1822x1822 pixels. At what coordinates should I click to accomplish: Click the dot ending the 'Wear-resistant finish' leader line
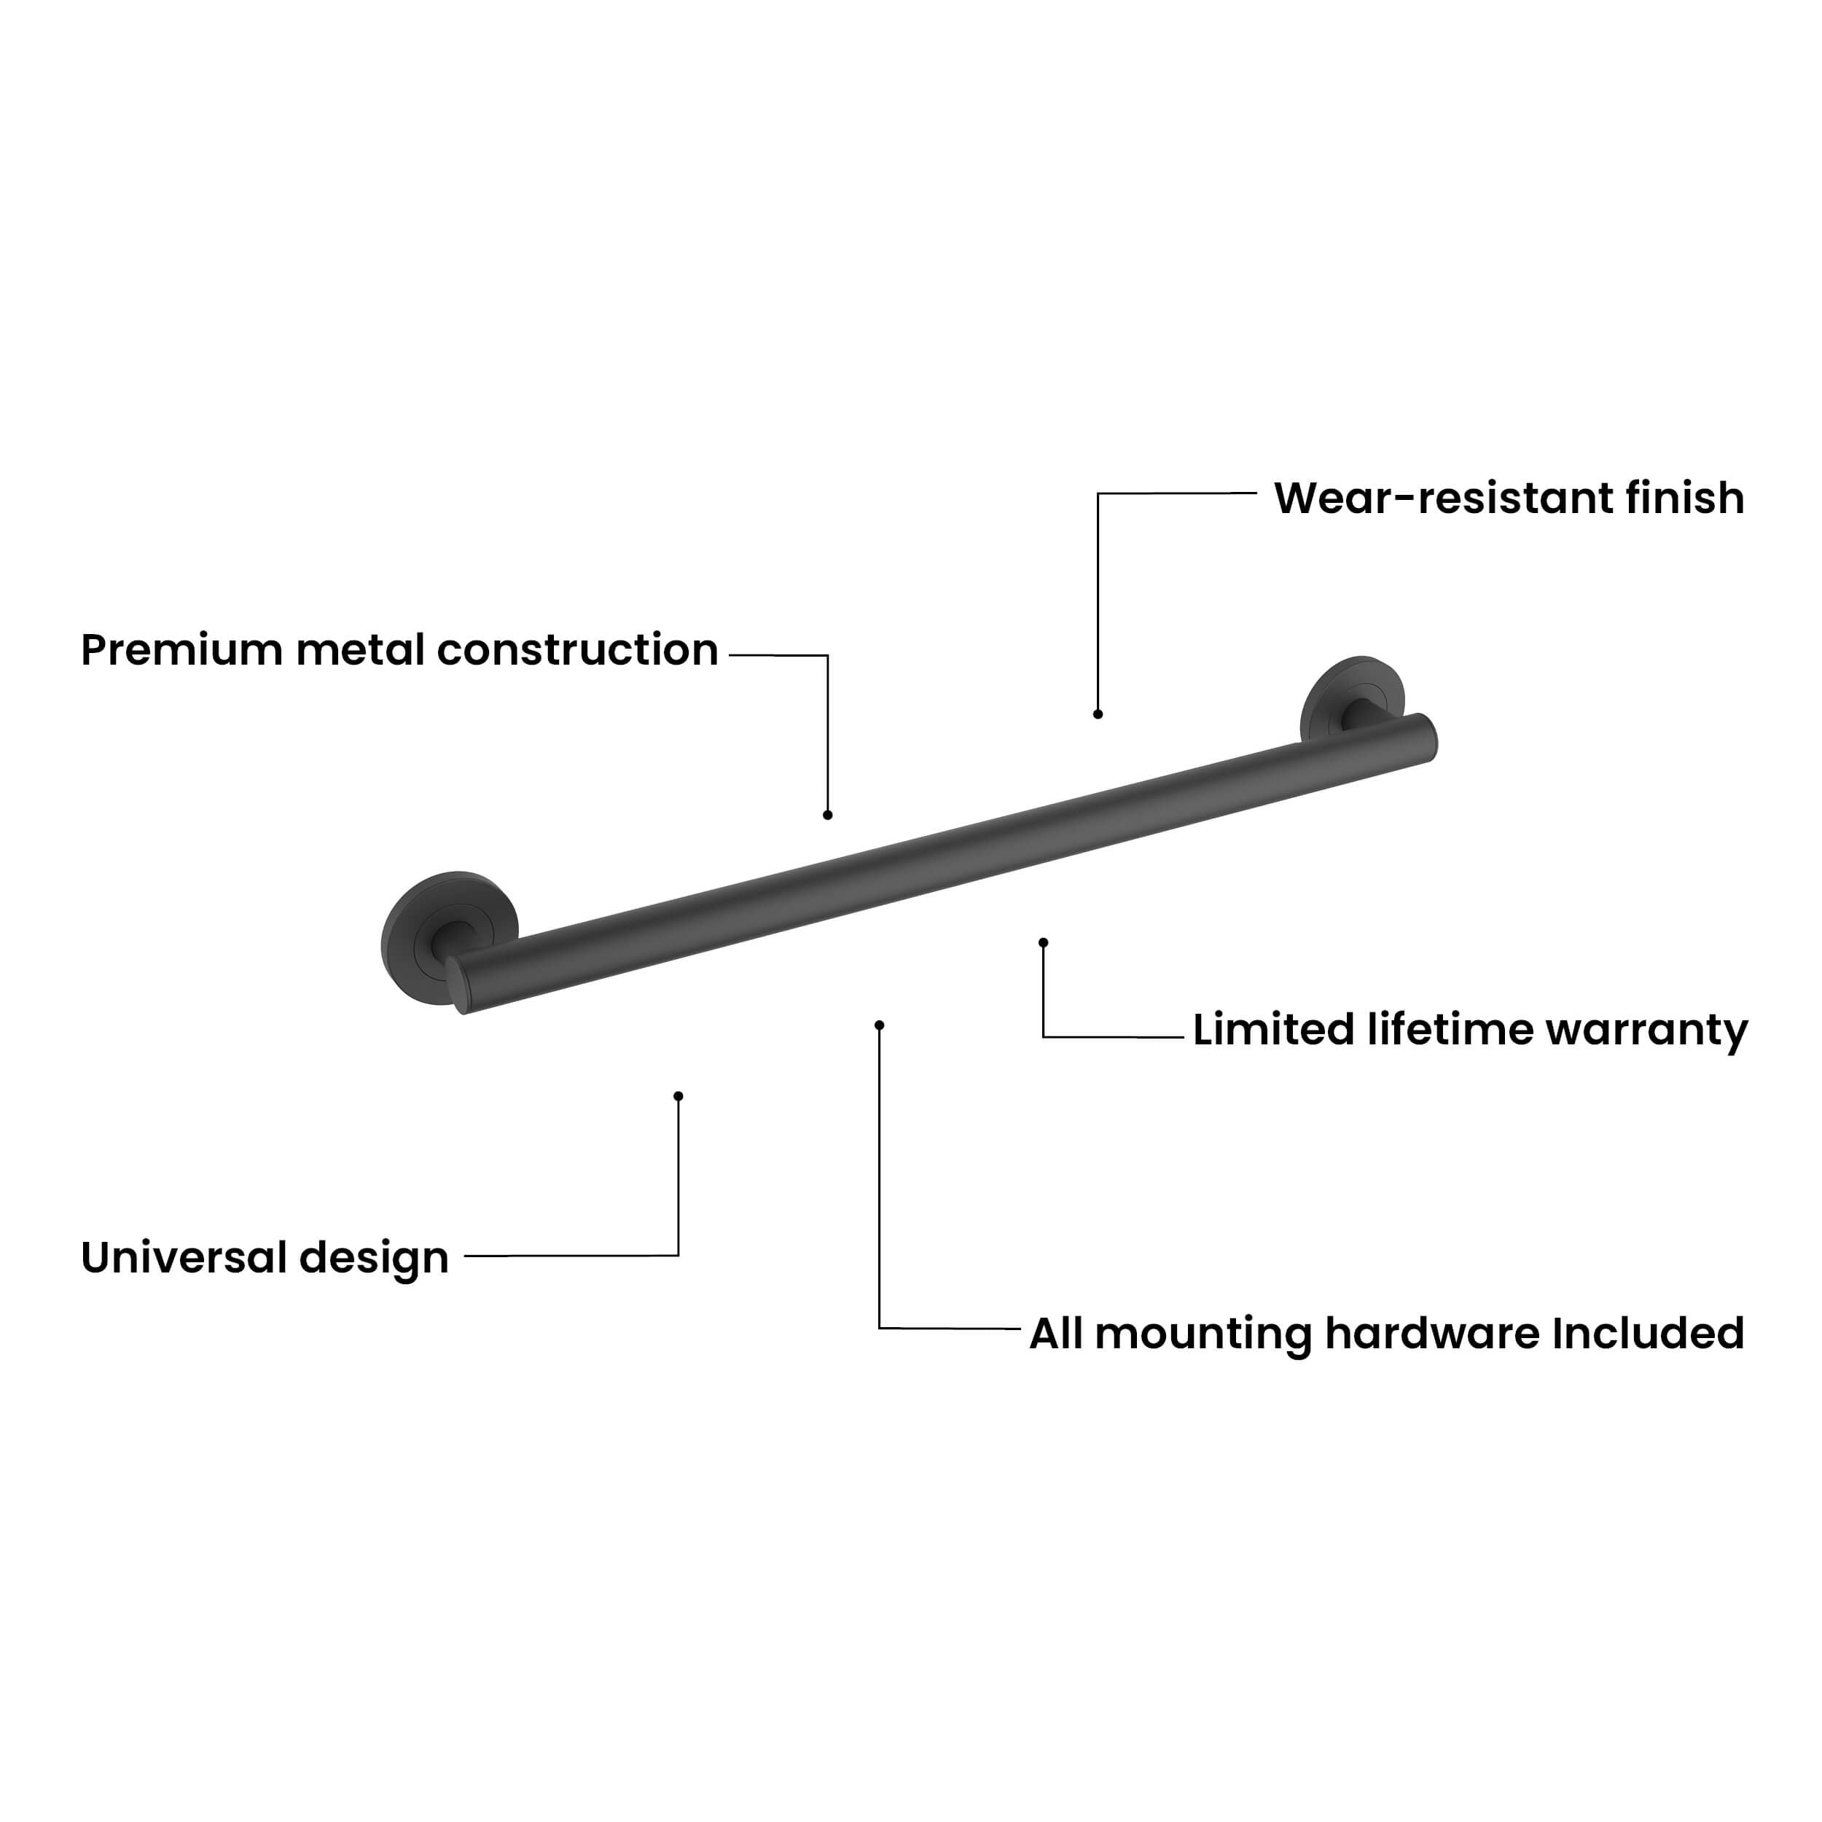pos(1098,714)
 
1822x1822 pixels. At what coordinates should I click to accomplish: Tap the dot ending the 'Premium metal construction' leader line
pos(827,815)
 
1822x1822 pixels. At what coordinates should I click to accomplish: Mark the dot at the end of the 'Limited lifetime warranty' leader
pos(1043,942)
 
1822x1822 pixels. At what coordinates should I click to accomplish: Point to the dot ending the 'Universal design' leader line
pos(678,1096)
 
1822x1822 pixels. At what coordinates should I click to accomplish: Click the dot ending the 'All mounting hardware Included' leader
pos(879,1025)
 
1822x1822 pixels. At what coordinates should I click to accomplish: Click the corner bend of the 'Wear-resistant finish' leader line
pos(1098,493)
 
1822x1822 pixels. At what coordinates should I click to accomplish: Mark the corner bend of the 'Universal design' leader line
pos(678,1255)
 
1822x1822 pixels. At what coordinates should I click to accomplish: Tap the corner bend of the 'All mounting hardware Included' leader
pos(879,1328)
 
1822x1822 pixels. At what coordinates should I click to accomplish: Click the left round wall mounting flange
pos(449,926)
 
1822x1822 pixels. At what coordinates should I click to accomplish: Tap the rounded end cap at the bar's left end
pos(458,985)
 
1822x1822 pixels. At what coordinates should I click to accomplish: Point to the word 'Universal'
pos(184,1257)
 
